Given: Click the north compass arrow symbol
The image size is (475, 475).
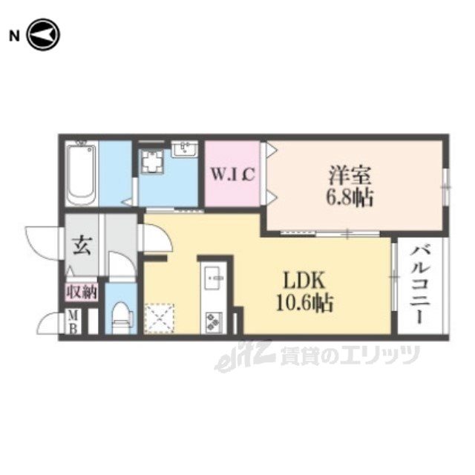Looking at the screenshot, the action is [43, 35].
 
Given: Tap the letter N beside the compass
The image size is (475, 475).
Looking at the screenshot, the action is [14, 36].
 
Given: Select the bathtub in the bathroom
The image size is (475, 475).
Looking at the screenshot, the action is [81, 174].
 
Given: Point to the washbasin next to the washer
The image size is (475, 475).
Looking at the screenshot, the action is [184, 149].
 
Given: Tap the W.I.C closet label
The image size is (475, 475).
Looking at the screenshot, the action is [232, 174].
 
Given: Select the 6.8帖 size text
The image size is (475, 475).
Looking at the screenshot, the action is [349, 197].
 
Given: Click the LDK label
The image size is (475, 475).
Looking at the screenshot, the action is [304, 281].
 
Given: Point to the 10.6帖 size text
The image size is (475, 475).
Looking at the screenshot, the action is [305, 302].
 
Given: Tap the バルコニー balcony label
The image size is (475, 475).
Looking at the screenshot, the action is [420, 285].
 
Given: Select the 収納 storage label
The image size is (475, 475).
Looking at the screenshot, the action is [82, 292].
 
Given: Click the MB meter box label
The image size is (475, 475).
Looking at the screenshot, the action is [73, 321].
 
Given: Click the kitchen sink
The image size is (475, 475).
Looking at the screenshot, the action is [214, 277].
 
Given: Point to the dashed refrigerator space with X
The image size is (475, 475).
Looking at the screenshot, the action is [159, 318].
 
